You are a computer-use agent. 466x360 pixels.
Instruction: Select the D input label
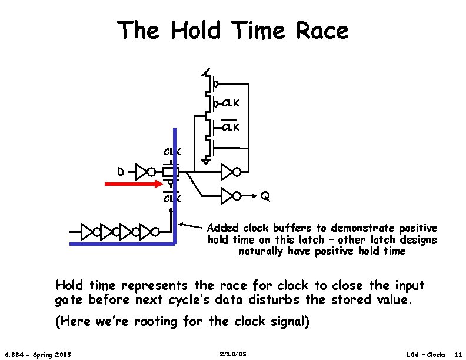coord(120,172)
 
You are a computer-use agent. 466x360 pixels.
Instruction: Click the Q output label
coord(265,196)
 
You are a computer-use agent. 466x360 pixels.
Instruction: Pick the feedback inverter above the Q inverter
coord(230,172)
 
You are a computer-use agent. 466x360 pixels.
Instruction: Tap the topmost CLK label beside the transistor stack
coord(229,104)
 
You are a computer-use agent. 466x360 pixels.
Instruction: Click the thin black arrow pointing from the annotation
coord(191,226)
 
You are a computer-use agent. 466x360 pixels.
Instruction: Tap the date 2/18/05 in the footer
coord(232,354)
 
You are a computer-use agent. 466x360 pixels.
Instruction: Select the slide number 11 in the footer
coord(458,354)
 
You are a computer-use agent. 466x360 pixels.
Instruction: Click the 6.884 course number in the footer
coord(14,354)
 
